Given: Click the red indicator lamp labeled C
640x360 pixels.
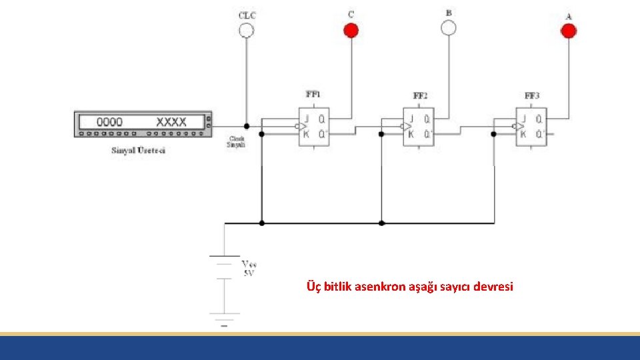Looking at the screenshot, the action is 351,30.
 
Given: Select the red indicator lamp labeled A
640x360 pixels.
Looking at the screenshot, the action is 568,31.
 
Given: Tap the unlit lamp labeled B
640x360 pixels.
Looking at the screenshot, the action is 449,27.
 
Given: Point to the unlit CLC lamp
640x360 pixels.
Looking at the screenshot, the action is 247,30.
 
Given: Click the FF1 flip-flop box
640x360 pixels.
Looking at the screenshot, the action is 313,127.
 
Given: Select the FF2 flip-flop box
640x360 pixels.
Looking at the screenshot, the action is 419,127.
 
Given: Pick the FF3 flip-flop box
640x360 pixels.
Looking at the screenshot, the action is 531,127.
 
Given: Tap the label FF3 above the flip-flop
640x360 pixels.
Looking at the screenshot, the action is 531,96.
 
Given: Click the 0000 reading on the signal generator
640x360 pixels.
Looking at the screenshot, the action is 110,122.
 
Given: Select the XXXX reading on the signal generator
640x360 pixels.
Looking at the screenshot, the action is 171,122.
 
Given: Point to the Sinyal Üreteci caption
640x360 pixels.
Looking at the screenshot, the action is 138,150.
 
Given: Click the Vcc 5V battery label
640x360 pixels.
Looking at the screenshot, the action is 248,268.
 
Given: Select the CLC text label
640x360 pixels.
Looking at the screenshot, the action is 247,14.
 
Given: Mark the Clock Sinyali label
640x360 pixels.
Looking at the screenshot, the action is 237,141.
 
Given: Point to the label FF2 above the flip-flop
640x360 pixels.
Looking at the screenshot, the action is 420,96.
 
